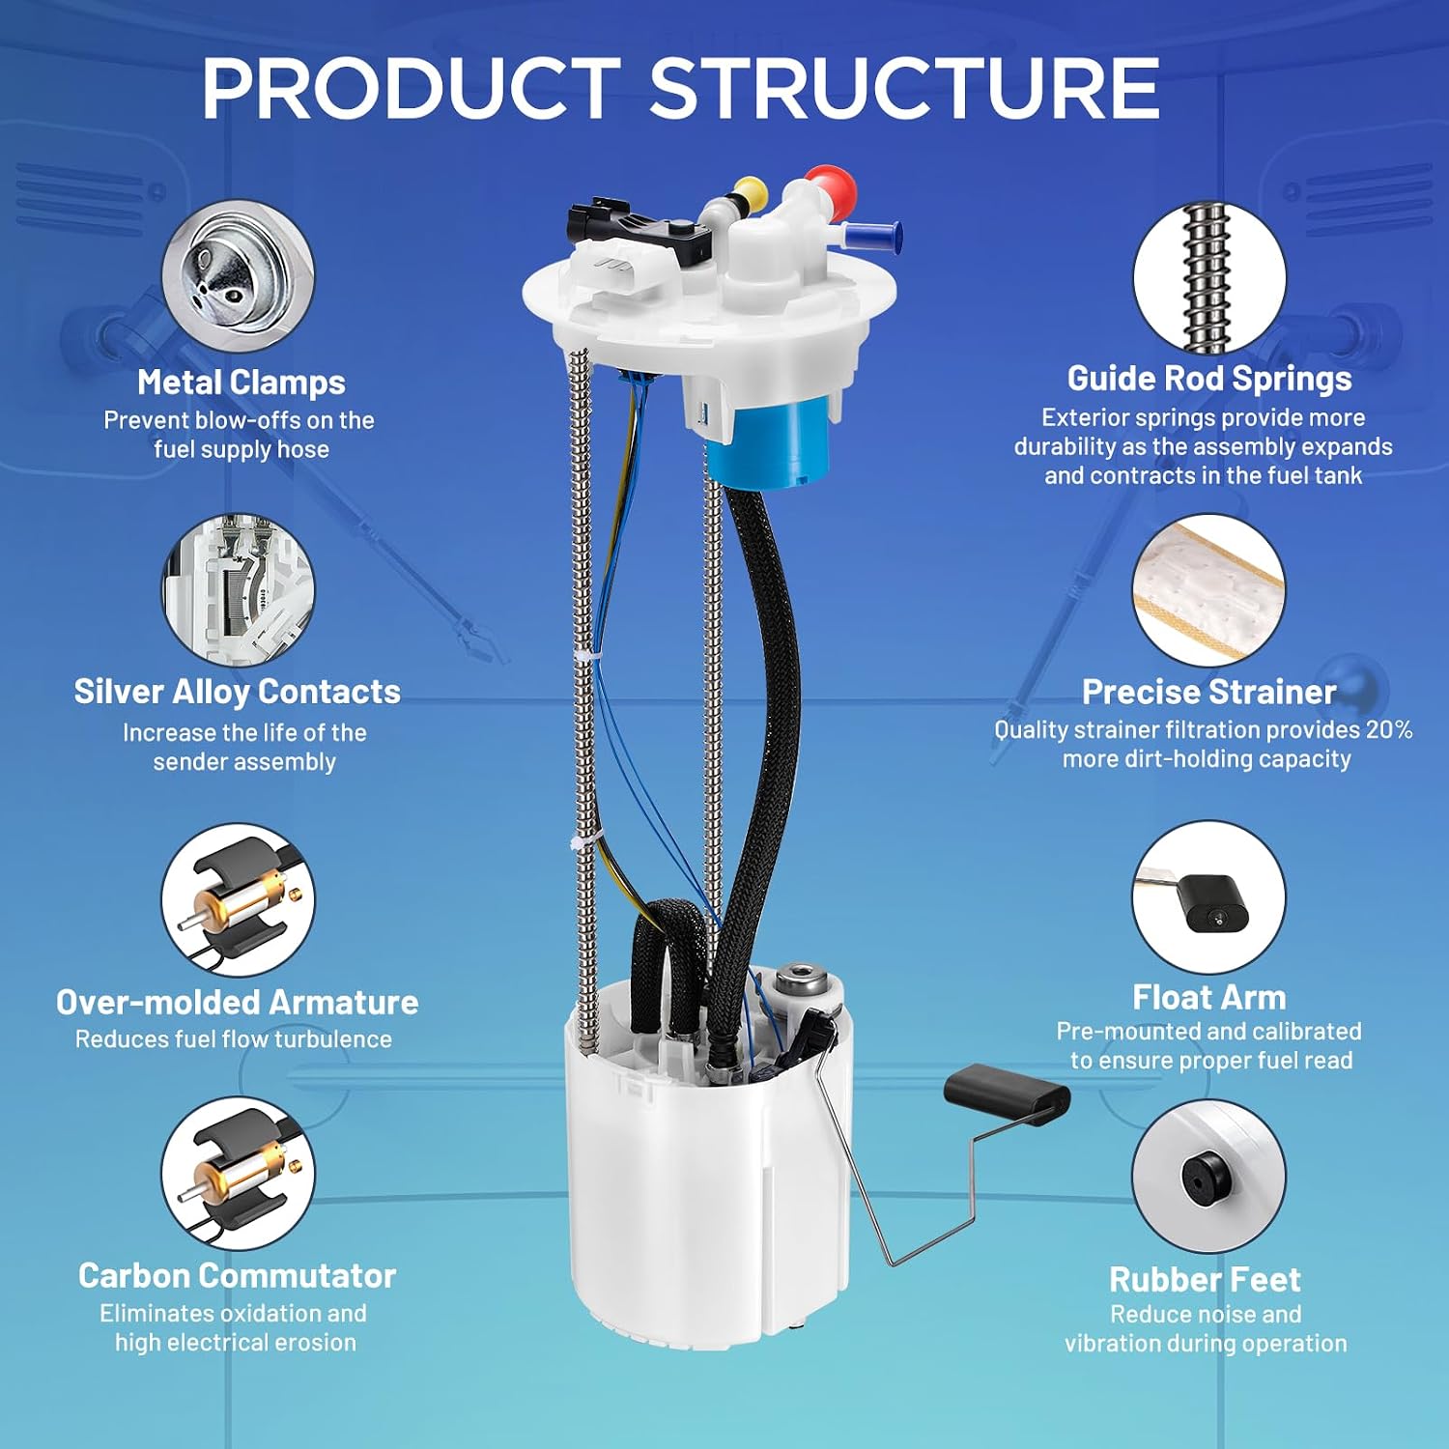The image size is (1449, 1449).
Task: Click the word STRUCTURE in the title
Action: [904, 88]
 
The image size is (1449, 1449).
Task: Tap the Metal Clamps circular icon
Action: [238, 277]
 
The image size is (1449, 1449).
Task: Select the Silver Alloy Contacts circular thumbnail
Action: [238, 590]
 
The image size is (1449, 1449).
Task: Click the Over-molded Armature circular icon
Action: [238, 900]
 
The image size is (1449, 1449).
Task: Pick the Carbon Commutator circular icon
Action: [238, 1174]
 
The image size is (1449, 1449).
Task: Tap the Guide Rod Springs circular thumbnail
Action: [1209, 277]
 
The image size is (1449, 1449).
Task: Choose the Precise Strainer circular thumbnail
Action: [1209, 590]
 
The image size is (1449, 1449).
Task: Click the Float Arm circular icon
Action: [1209, 898]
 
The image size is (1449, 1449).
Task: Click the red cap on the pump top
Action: [830, 187]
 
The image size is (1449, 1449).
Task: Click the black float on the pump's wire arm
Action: [1007, 1094]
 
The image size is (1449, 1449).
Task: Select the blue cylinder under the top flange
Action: [769, 440]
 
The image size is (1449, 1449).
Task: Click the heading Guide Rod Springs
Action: [1209, 379]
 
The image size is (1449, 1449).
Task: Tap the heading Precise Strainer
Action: [1209, 692]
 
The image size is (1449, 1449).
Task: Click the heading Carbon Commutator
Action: [238, 1275]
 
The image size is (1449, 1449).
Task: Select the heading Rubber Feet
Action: [1206, 1279]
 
